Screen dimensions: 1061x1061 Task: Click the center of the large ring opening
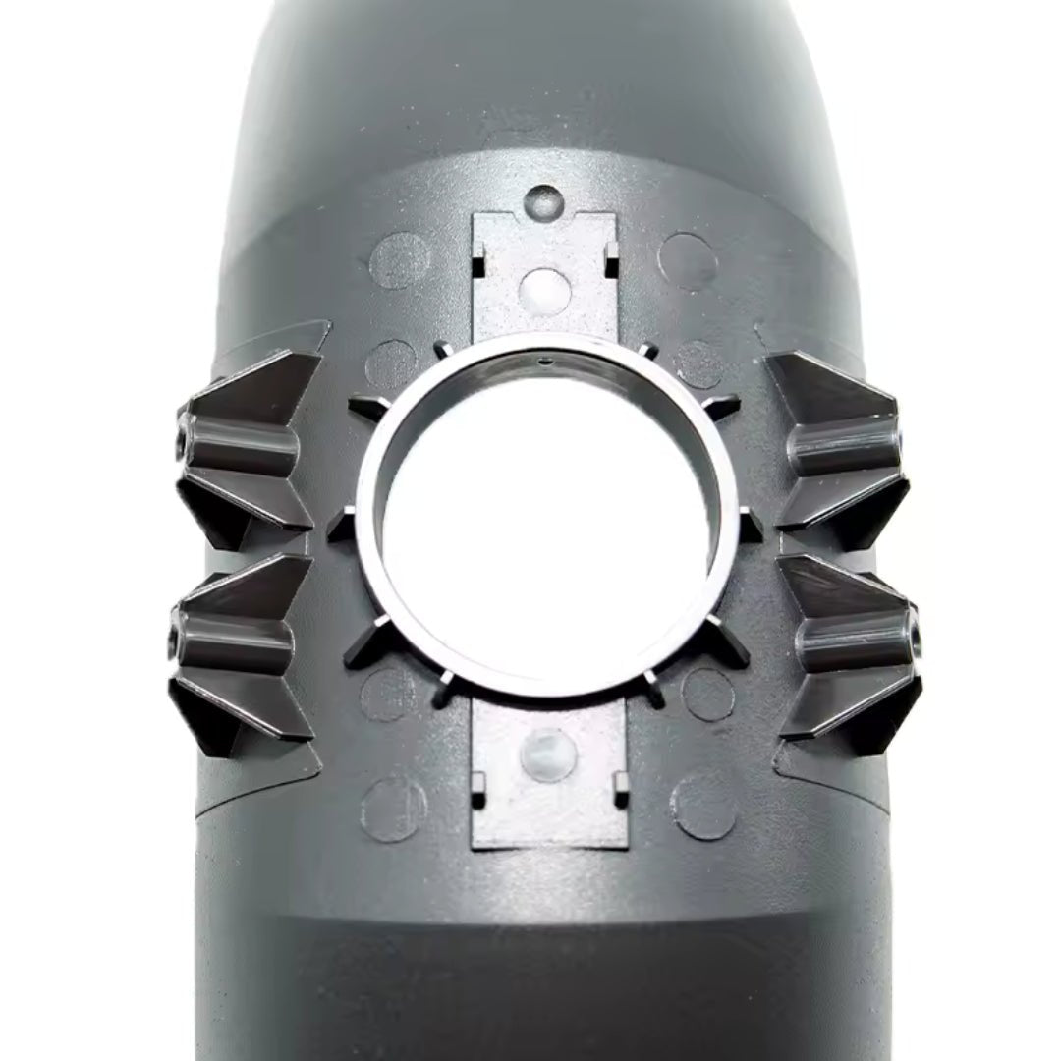(546, 516)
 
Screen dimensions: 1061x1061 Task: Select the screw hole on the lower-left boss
(176, 643)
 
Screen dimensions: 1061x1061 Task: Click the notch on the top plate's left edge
(477, 265)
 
